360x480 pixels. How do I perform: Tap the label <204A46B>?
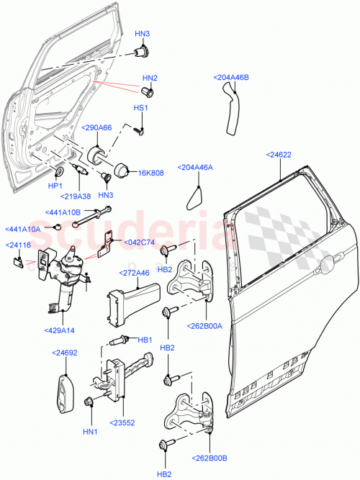[x=231, y=77]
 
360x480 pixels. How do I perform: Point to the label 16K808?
[x=151, y=173]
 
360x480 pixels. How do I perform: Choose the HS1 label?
[x=140, y=108]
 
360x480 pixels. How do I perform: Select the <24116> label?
[x=19, y=245]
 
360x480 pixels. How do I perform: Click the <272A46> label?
[x=135, y=273]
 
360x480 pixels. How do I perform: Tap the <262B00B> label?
[x=210, y=457]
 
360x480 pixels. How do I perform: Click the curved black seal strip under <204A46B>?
[x=230, y=108]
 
